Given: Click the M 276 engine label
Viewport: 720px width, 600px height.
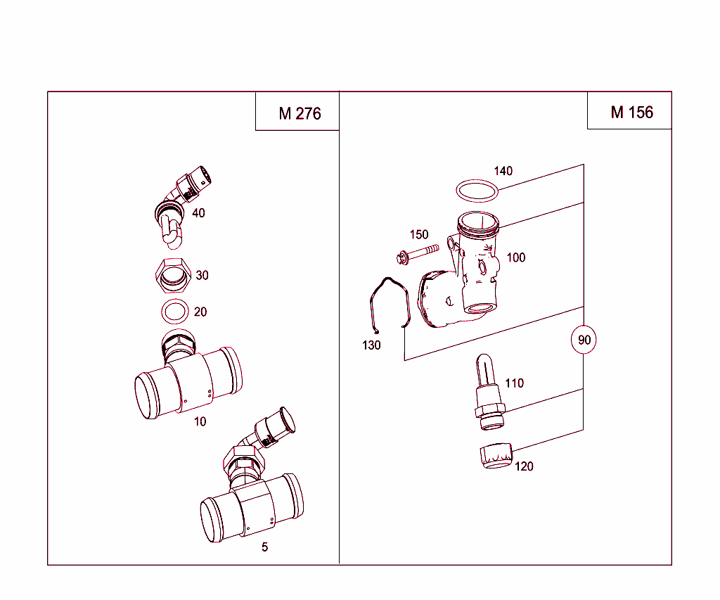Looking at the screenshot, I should tap(300, 114).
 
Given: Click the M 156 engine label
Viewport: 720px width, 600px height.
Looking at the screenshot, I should tap(631, 113).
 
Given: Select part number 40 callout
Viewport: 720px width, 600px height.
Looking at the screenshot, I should tap(199, 213).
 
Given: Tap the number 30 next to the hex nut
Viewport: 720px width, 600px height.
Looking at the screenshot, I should tap(202, 276).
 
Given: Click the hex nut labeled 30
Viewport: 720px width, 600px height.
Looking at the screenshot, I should tap(172, 275).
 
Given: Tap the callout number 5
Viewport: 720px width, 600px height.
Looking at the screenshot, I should tap(264, 547).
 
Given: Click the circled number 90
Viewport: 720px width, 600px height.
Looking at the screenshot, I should tap(584, 340).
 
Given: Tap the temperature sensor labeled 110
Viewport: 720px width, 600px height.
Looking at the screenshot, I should tap(488, 394).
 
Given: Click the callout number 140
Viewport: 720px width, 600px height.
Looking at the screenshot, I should tap(503, 171).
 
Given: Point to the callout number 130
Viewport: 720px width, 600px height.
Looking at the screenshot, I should tap(371, 345).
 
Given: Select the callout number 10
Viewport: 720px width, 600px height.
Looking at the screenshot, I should tap(200, 422).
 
